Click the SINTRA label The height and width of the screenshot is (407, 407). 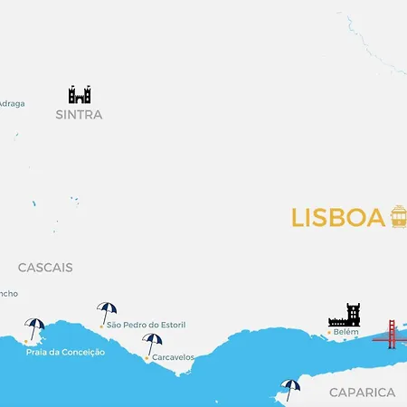tap(79, 115)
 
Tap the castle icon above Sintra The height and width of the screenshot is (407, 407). tap(80, 94)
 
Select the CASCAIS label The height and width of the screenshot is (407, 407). tap(45, 268)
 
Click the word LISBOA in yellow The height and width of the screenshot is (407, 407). tap(338, 218)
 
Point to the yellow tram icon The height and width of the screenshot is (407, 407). tap(399, 217)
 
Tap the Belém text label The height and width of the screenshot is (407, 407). tap(346, 332)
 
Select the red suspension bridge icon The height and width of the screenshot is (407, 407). tap(391, 334)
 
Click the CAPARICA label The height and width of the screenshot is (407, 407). tap(362, 393)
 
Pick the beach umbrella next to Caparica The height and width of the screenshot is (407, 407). tap(290, 388)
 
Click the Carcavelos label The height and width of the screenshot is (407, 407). tap(173, 357)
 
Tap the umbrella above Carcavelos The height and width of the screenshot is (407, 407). tap(152, 343)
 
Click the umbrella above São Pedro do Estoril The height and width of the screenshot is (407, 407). tap(107, 311)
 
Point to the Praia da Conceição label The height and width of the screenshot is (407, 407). tap(65, 352)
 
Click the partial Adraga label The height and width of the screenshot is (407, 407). tap(12, 103)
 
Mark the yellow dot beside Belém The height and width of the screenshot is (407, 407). tap(328, 332)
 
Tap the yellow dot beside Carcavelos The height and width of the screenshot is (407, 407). tap(147, 357)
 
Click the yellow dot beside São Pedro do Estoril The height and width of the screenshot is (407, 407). tap(102, 324)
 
